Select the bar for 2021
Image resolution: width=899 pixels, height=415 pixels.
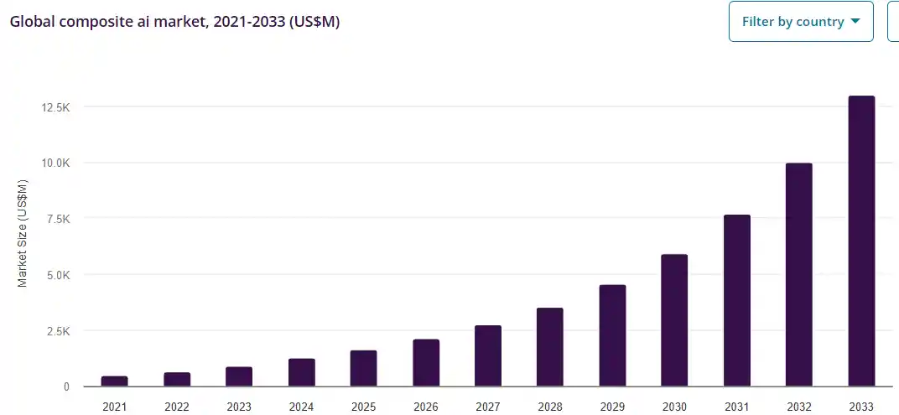pos(115,381)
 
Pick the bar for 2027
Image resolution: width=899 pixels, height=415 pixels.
pos(488,356)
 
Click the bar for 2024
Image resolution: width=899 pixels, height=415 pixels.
pos(301,373)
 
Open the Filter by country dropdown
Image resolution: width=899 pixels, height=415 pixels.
pos(802,22)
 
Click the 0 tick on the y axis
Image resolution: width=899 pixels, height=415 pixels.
pos(65,387)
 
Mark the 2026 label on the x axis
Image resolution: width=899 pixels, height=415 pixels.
pos(426,407)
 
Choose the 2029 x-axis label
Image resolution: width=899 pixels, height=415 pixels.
pos(612,407)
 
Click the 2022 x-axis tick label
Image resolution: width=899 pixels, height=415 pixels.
pos(177,407)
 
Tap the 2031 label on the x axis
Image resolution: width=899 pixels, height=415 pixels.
pos(737,407)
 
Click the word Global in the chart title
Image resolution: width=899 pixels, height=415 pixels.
pos(30,22)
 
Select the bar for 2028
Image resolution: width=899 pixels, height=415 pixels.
pos(550,347)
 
